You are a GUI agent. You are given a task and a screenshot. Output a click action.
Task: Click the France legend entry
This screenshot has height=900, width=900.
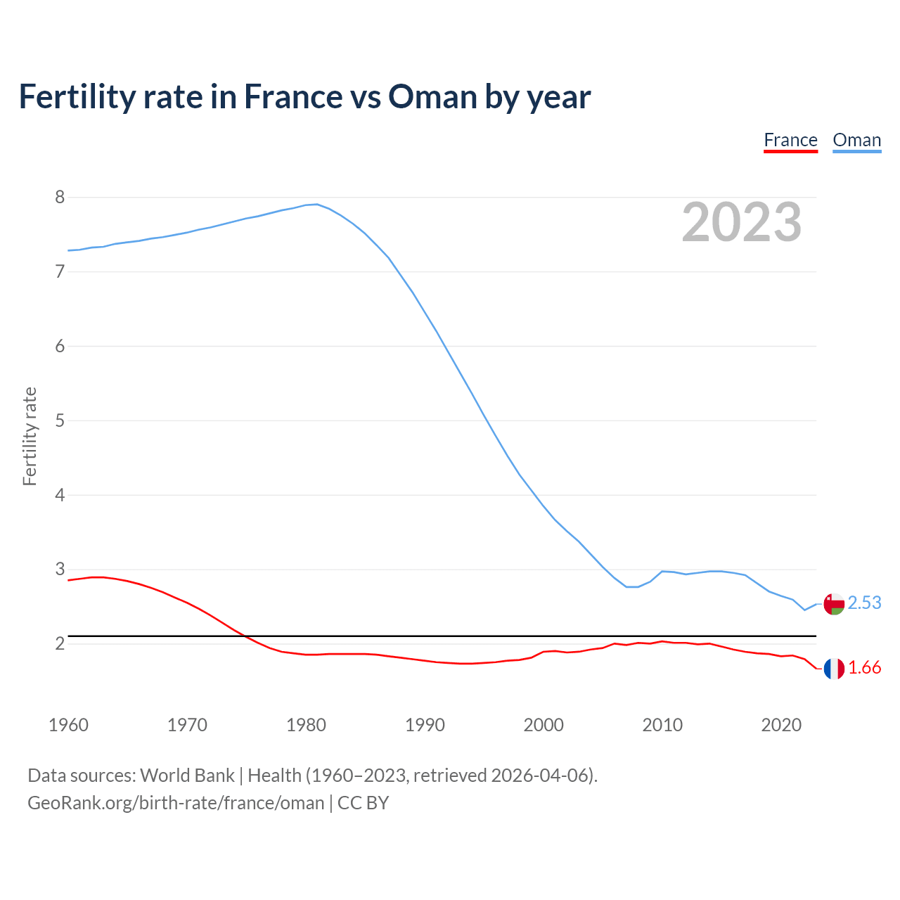point(790,141)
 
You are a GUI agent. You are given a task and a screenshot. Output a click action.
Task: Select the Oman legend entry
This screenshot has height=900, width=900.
point(856,141)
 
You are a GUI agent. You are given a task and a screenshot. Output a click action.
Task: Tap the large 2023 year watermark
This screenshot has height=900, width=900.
point(742,222)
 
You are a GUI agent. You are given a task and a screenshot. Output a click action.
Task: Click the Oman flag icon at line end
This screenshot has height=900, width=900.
point(834,604)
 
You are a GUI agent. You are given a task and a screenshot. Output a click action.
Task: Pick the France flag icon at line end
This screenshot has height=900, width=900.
point(834,669)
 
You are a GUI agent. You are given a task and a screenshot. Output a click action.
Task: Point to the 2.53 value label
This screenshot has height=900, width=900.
point(864,603)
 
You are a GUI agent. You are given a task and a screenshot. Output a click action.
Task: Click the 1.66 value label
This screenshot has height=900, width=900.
point(864,668)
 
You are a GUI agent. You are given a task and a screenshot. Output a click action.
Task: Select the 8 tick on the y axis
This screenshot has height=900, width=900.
point(60,198)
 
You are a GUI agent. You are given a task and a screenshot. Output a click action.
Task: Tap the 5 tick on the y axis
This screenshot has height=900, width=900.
point(60,420)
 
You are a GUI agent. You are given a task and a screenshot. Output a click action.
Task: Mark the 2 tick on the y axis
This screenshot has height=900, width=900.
point(60,643)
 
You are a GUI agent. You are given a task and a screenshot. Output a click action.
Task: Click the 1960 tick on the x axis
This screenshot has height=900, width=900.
point(68,725)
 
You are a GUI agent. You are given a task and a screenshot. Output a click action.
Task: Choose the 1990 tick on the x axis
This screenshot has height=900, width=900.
point(425,725)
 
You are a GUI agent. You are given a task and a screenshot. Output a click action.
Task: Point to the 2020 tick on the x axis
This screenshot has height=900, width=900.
point(781,725)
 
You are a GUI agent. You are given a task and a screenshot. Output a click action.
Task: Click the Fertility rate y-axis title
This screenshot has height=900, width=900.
point(30,436)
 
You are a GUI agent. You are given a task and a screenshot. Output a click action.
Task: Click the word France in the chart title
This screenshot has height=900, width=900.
point(292,96)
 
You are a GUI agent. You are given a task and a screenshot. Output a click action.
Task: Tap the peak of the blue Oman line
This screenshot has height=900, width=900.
point(316,204)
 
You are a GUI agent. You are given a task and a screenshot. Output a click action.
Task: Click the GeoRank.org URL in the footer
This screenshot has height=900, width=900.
point(176,803)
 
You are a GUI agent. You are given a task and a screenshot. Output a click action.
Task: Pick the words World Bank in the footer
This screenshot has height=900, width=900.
point(187,776)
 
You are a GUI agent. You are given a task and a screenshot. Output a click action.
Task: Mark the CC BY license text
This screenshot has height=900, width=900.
point(363,803)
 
